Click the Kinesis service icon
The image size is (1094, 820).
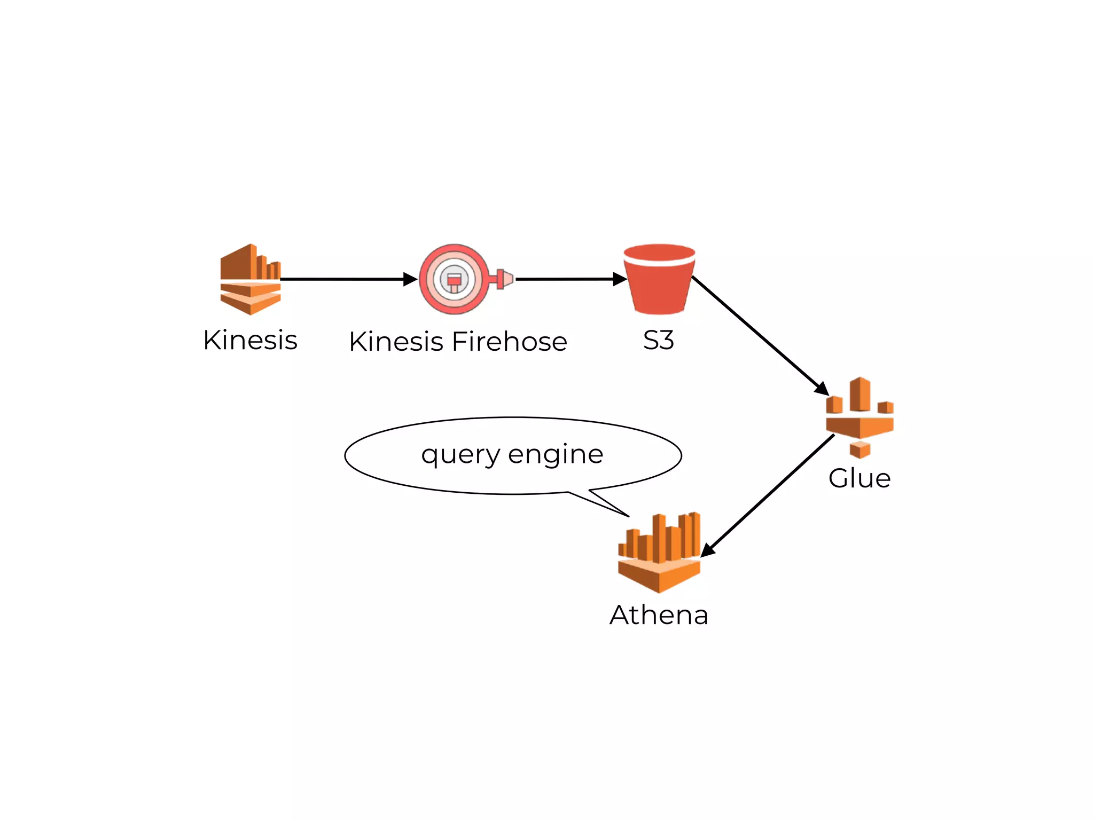coord(250,279)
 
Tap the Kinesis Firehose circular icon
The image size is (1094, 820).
coord(455,279)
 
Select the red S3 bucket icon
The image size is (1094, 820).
coord(659,280)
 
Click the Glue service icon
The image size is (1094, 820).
coord(859,416)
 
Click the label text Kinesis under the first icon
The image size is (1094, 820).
coord(250,340)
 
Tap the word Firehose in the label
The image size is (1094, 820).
coord(509,342)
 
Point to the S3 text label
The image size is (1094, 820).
coord(659,340)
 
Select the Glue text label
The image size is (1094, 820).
coord(859,478)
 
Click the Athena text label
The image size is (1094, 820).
coord(659,615)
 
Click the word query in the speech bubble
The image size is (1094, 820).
coord(460,455)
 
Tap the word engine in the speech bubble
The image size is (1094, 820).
coord(556,455)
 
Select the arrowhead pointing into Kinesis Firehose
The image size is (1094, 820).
coord(410,279)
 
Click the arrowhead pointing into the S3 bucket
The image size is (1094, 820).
coord(620,279)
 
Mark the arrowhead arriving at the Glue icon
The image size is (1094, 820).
coord(822,389)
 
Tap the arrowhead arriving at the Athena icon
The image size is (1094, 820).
coord(707,550)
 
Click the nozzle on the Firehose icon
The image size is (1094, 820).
coord(504,279)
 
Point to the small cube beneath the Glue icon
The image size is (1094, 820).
coord(860,449)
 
